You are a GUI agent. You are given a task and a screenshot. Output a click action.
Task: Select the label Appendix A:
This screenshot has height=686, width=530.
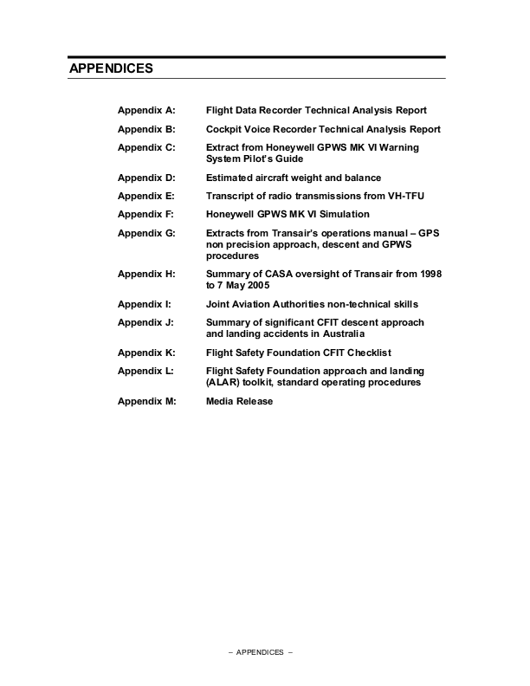146,111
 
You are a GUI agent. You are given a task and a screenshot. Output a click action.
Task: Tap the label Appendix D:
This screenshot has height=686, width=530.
146,178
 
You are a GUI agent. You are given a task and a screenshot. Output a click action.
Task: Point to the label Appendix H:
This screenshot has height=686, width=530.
146,274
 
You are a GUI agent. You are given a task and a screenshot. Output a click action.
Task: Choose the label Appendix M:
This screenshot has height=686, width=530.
146,402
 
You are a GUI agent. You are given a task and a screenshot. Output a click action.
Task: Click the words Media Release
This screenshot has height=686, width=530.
239,402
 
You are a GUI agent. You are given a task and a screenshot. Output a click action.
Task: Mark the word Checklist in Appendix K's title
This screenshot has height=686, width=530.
367,353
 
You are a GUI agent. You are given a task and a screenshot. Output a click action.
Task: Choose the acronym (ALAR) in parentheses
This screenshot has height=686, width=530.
223,382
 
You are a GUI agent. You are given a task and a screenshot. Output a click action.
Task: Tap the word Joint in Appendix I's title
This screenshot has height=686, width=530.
219,304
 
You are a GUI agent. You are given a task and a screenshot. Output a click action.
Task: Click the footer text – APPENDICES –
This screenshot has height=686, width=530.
265,652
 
